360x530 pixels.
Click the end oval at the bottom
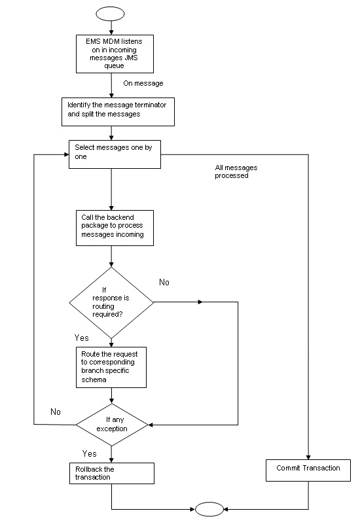pos(210,508)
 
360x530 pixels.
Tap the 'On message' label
pos(143,84)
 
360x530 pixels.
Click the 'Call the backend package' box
pos(115,228)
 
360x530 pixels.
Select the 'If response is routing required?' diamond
pos(111,302)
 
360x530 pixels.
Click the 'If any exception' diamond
pos(112,425)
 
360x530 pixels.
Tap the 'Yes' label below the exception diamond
pos(90,453)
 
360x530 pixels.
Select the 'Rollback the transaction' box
pos(112,473)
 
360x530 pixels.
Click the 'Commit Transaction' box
pos(308,468)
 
